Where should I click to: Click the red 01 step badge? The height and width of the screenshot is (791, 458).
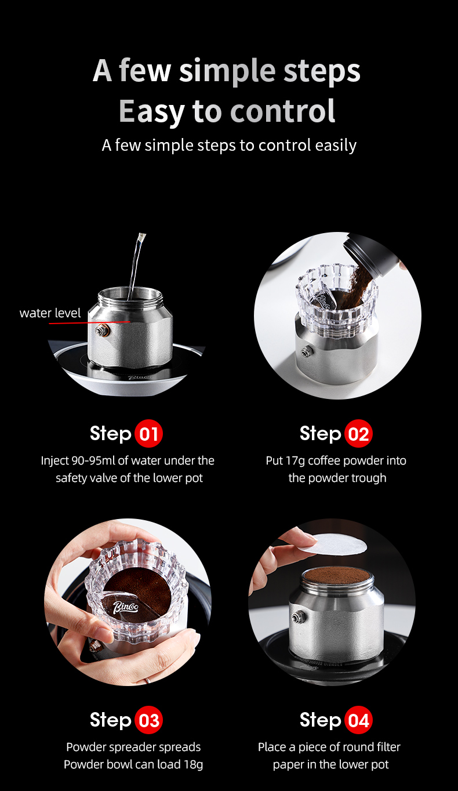tap(148, 433)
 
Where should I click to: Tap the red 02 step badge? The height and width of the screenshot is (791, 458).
tap(358, 433)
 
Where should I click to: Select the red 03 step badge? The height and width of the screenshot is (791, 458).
tap(148, 720)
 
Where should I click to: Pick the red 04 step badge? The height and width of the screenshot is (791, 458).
tap(358, 720)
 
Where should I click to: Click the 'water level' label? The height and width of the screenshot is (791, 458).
tap(50, 313)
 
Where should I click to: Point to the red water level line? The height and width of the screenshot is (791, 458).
tap(90, 322)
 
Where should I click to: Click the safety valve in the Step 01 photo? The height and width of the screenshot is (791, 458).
tap(103, 331)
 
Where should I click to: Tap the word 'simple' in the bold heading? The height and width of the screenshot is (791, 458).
tap(227, 72)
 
